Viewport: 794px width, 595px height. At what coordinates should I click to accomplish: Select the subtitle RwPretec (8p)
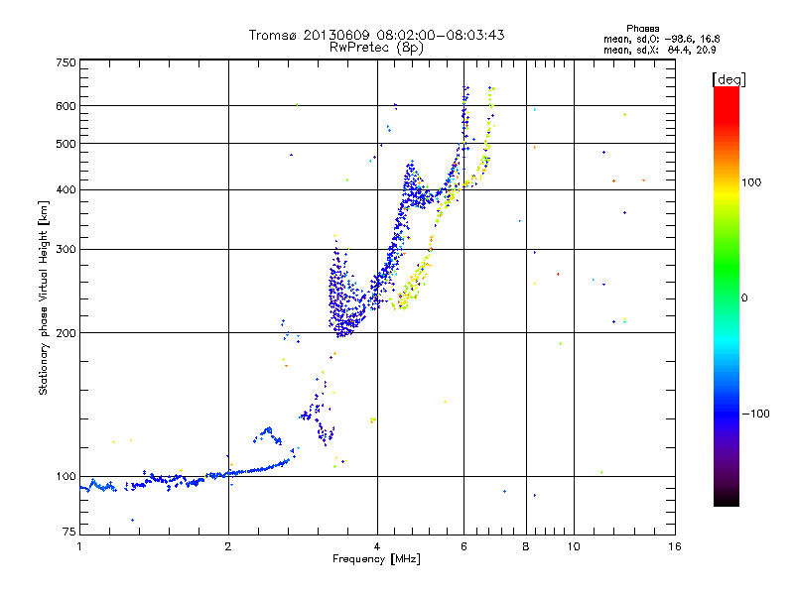click(x=376, y=48)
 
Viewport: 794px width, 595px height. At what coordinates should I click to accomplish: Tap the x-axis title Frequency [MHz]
click(x=376, y=559)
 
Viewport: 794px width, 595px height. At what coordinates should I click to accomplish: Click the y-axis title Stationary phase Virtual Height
click(x=43, y=298)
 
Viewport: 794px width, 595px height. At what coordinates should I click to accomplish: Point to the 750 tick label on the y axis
click(x=66, y=62)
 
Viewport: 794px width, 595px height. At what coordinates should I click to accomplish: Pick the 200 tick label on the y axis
click(x=66, y=333)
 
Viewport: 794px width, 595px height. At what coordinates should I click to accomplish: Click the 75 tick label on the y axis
click(x=69, y=532)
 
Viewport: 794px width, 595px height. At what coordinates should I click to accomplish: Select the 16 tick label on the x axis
click(x=675, y=546)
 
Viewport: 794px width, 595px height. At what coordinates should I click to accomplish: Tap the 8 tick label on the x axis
click(x=526, y=546)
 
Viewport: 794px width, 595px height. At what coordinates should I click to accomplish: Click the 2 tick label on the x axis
click(x=228, y=546)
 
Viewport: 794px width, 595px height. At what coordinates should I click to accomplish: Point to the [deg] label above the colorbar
click(x=728, y=79)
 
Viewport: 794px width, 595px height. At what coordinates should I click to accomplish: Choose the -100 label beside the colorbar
click(x=755, y=414)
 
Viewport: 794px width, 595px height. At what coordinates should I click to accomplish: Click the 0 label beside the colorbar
click(x=744, y=298)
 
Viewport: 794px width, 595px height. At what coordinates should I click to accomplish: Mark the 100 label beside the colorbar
click(x=751, y=182)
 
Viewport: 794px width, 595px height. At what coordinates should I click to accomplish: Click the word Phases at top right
click(x=642, y=29)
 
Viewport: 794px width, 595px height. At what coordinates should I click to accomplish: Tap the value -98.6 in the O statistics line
click(x=677, y=39)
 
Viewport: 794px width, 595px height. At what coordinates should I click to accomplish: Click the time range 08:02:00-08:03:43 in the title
click(x=441, y=35)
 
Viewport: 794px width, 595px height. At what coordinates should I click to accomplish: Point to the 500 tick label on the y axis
click(x=66, y=144)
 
